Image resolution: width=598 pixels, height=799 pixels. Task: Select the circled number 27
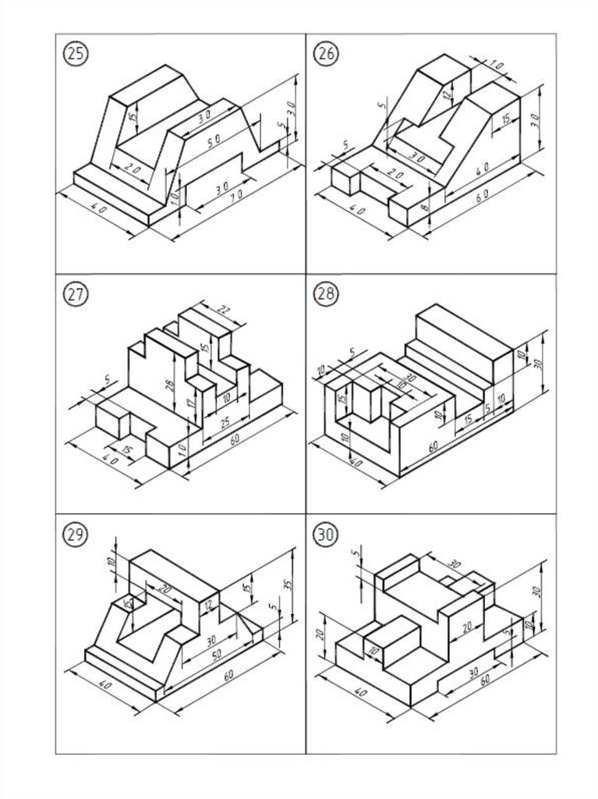pos(76,294)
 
